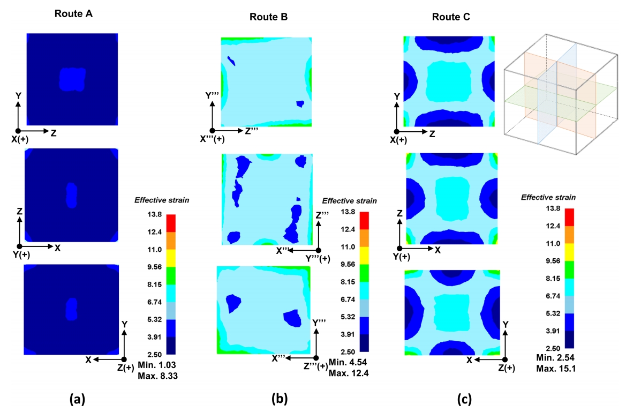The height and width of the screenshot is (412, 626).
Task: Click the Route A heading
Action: point(74,14)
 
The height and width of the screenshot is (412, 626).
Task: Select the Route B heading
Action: point(268,17)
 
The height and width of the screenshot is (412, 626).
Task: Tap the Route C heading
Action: point(451,17)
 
